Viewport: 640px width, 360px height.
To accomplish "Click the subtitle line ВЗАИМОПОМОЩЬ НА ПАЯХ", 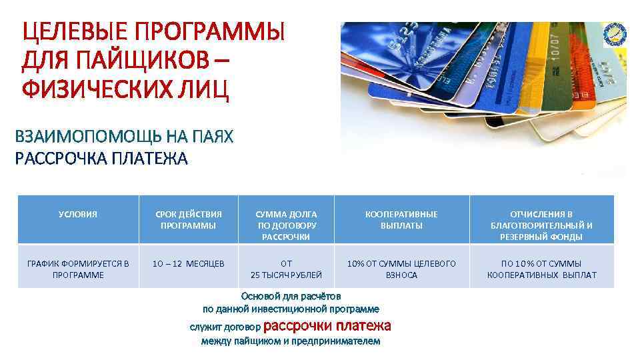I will pos(124,137).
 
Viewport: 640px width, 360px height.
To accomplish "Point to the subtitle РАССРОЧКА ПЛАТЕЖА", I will pos(101,159).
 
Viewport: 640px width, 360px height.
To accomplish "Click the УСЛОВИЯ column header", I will pos(78,215).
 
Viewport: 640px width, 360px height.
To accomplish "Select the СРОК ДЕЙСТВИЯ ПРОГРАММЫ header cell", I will pos(188,220).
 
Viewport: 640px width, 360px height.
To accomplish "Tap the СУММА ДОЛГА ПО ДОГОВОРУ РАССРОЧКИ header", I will pos(286,225).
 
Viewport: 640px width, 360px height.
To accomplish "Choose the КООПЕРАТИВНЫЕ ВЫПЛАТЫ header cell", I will pos(401,220).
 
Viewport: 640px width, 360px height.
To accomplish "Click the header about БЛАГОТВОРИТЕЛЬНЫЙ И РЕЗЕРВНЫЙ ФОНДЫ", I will pos(541,225).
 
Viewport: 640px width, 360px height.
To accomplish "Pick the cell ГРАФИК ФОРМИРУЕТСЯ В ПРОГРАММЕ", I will pos(78,269).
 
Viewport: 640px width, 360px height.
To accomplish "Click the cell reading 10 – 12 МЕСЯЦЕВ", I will pos(188,264).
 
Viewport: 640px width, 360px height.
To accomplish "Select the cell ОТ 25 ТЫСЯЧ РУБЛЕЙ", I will pos(286,269).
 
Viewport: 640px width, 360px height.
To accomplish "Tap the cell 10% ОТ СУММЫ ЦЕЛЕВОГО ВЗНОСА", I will pos(401,269).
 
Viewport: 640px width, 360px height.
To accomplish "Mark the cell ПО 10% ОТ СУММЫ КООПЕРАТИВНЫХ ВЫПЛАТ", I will pos(541,269).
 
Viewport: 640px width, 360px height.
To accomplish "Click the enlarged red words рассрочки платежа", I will pos(327,326).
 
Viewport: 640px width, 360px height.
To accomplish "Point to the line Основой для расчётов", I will pos(291,295).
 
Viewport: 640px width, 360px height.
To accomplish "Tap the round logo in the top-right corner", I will pos(615,33).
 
